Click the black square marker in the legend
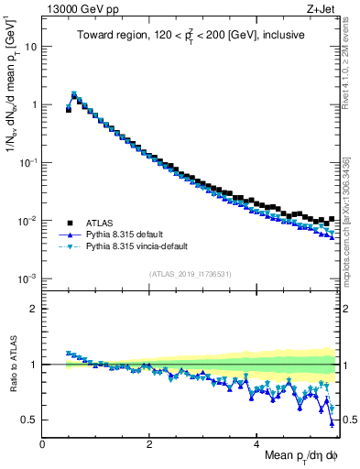(69, 223)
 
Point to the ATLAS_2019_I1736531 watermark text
(191, 273)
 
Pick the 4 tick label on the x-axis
(257, 443)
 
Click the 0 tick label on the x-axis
(42, 443)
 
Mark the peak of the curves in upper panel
(74, 93)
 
